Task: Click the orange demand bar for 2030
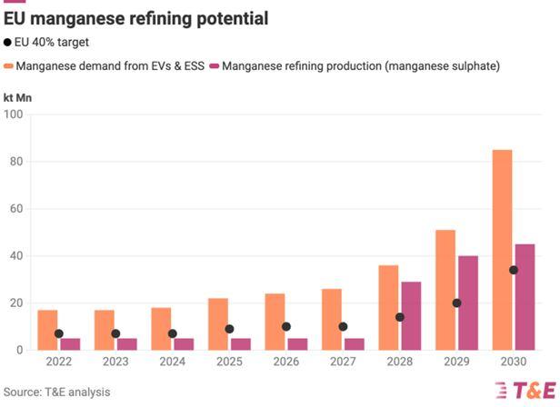tap(502, 250)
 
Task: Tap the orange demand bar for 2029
tap(445, 290)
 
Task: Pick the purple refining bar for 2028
tap(411, 316)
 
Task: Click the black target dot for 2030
tap(514, 270)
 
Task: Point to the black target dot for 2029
tap(456, 303)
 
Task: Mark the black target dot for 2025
tap(229, 329)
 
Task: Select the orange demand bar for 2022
tap(47, 330)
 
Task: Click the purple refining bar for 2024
tap(184, 344)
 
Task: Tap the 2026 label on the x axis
tap(286, 362)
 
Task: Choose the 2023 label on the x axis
tap(115, 362)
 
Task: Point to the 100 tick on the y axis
tap(14, 114)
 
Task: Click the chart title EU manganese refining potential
tap(135, 18)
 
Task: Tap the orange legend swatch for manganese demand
tap(9, 65)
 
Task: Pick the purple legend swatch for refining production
tap(215, 65)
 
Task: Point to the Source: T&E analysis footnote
tap(57, 392)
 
